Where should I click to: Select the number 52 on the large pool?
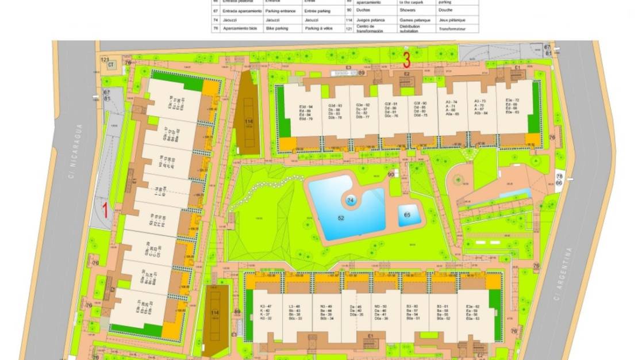(341, 219)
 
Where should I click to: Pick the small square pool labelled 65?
(408, 215)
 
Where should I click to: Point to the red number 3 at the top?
(406, 58)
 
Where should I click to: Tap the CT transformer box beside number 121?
(110, 66)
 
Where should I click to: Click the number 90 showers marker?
(391, 174)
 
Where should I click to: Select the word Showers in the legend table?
(406, 11)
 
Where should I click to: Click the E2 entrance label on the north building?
(406, 74)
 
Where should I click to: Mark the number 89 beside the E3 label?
(362, 73)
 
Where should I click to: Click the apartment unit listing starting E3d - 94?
(306, 113)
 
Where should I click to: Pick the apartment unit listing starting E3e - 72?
(512, 106)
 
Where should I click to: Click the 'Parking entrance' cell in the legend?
(280, 11)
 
